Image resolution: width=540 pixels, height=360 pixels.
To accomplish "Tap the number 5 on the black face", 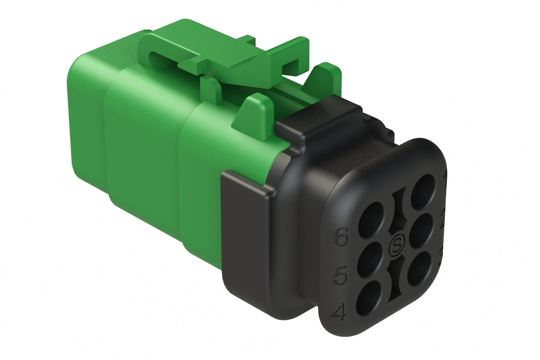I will pyautogui.click(x=340, y=276).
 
